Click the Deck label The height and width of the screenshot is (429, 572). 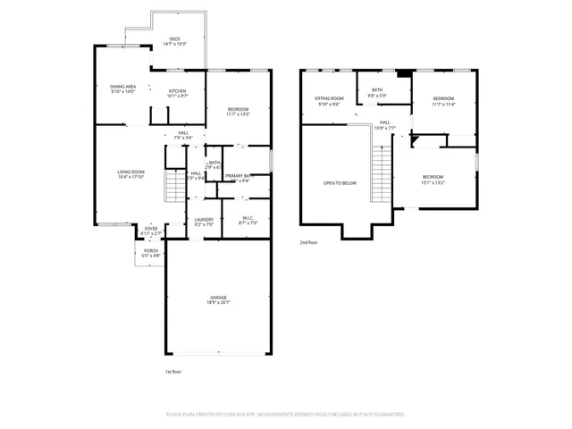tap(175, 38)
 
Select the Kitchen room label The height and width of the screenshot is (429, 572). tap(177, 90)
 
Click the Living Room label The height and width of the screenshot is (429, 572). tap(130, 171)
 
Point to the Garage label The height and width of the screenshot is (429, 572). tap(218, 297)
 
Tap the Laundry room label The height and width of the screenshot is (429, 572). tap(203, 220)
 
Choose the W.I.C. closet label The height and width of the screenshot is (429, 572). tap(248, 218)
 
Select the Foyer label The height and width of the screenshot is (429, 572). tap(151, 229)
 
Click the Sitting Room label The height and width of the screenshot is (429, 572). tap(329, 98)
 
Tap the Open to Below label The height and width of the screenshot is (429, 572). tap(340, 183)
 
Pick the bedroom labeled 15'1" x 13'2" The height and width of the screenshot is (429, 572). tap(433, 177)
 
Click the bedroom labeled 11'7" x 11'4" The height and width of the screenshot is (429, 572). tap(443, 98)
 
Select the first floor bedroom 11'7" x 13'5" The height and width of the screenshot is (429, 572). tap(238, 109)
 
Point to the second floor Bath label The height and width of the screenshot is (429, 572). tap(377, 89)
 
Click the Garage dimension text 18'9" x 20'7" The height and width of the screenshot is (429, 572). tap(218, 303)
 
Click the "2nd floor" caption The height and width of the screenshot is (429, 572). tap(309, 242)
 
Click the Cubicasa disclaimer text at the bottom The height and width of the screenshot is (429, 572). tap(286, 415)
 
